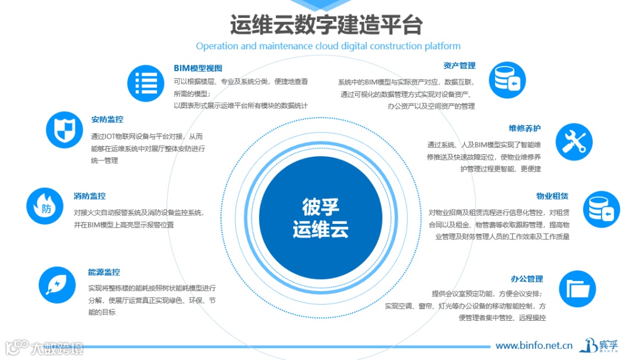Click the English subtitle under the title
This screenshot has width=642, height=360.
point(328,46)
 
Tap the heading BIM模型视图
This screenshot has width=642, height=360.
point(197,68)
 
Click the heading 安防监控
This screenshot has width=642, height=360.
point(107,119)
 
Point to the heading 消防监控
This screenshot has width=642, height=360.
point(90,196)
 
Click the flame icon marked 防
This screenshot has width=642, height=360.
point(45,206)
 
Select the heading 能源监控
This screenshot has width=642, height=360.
point(104,272)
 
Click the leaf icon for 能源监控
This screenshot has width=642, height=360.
point(57,285)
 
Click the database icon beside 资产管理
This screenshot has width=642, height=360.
point(507,80)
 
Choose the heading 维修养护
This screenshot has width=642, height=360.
point(524,128)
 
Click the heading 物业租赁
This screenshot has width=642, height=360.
point(552,196)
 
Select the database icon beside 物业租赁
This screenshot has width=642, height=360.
point(601,209)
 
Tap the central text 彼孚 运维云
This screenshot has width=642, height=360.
point(320,218)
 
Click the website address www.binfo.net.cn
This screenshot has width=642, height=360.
point(534,345)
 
